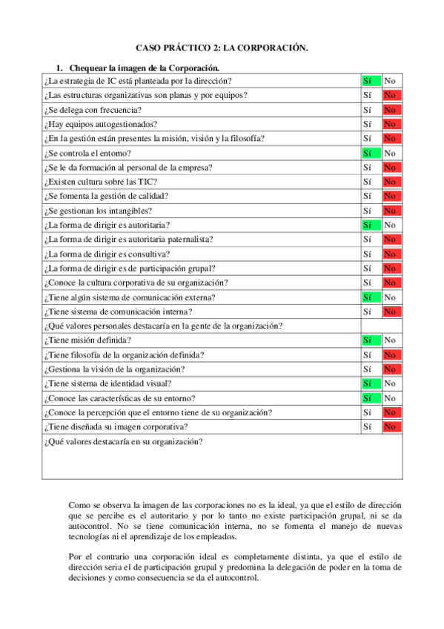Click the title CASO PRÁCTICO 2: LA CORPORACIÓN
pos(222,47)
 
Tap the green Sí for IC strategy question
pos(371,81)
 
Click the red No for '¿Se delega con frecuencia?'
pos(390,110)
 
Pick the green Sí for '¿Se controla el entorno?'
pos(371,153)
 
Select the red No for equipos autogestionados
pos(390,124)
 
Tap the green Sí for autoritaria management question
pos(371,225)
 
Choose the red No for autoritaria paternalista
pos(390,239)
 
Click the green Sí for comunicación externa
pos(371,297)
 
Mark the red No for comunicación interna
pos(390,312)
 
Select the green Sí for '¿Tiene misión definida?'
pos(371,340)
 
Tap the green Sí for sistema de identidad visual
pos(371,383)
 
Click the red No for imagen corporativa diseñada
pos(390,427)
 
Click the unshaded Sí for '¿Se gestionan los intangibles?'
pos(368,211)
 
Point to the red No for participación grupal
pos(390,268)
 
